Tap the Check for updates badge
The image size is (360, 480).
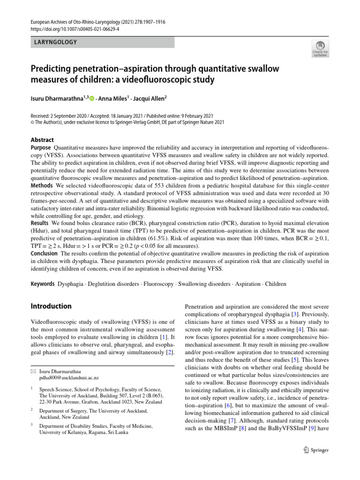tap(320, 48)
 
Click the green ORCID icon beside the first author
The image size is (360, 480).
tap(92, 99)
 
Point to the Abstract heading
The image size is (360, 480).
tap(42, 140)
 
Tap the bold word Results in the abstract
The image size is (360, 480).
tap(40, 223)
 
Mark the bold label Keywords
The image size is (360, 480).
tap(43, 284)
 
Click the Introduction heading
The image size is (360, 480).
tap(51, 306)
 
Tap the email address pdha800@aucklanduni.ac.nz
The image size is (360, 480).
tap(69, 377)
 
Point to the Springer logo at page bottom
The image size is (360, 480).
tap(316, 450)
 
